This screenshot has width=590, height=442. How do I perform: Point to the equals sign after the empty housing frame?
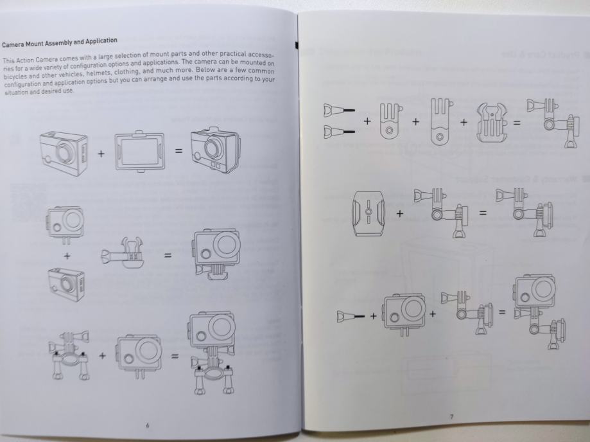178,152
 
